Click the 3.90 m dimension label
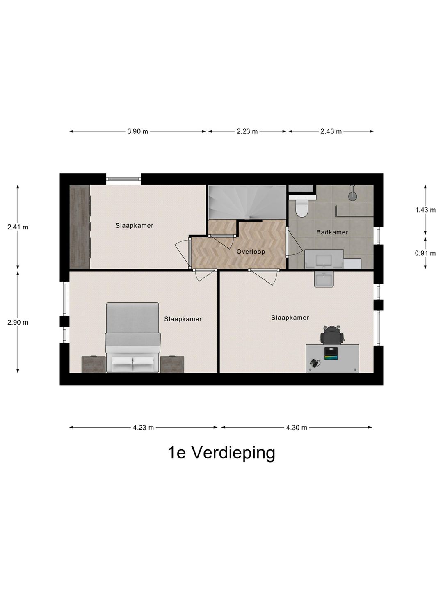pyautogui.click(x=137, y=131)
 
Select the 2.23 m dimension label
pyautogui.click(x=247, y=131)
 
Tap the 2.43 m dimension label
pyautogui.click(x=331, y=131)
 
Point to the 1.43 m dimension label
pyautogui.click(x=425, y=210)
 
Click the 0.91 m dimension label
pyautogui.click(x=425, y=253)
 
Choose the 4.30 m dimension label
pyautogui.click(x=297, y=427)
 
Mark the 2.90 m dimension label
pyautogui.click(x=18, y=322)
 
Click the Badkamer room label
pyautogui.click(x=332, y=232)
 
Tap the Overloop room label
pyautogui.click(x=251, y=252)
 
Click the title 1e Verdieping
pyautogui.click(x=221, y=453)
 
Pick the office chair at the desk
pyautogui.click(x=332, y=335)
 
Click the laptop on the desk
pyautogui.click(x=331, y=353)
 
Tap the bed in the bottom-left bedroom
pyautogui.click(x=132, y=337)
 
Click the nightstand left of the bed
pyautogui.click(x=94, y=364)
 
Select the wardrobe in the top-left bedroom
pyautogui.click(x=80, y=227)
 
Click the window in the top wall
pyautogui.click(x=123, y=179)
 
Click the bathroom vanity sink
pyautogui.click(x=324, y=259)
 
